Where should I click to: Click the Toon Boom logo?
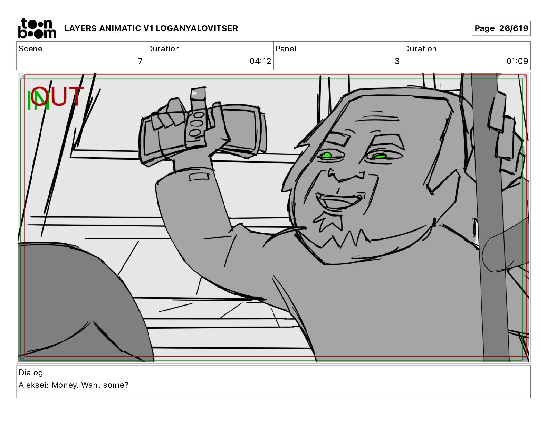click(x=37, y=28)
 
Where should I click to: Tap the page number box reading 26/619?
click(x=501, y=28)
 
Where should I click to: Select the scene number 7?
click(x=140, y=61)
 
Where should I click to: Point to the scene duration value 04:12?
click(x=260, y=61)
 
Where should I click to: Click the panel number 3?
click(x=397, y=61)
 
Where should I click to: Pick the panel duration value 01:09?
click(x=517, y=61)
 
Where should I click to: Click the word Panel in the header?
click(x=286, y=49)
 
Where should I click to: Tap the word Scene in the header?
click(x=30, y=49)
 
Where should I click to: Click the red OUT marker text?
click(x=57, y=96)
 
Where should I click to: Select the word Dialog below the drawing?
click(x=31, y=373)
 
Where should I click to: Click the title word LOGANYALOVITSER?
click(x=197, y=28)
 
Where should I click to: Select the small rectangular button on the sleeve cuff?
click(x=199, y=177)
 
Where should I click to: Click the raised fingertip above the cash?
click(x=198, y=94)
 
